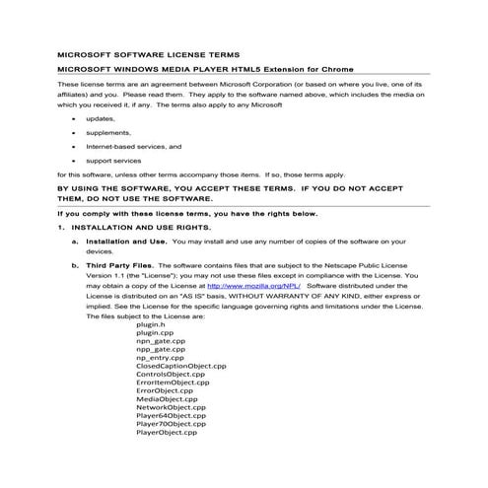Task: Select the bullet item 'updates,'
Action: tap(100, 118)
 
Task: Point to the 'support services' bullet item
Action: tap(113, 160)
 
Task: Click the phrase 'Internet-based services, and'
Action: tap(133, 146)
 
